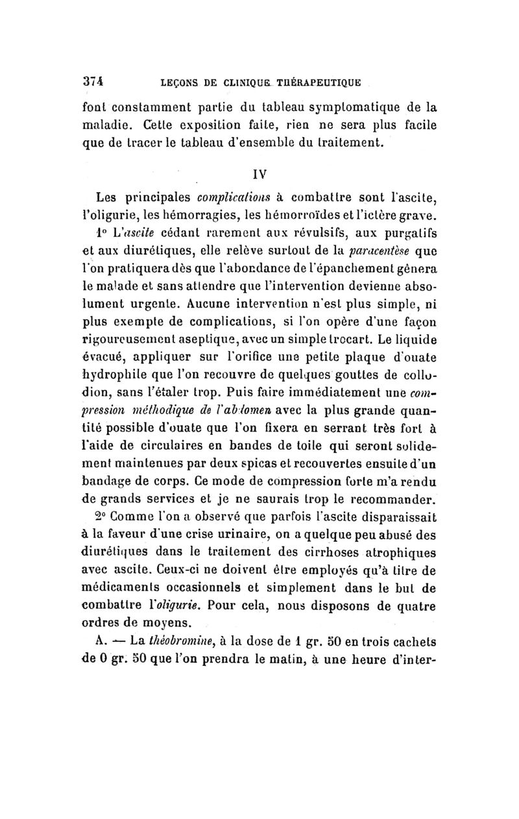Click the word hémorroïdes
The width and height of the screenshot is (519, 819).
click(x=322, y=215)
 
